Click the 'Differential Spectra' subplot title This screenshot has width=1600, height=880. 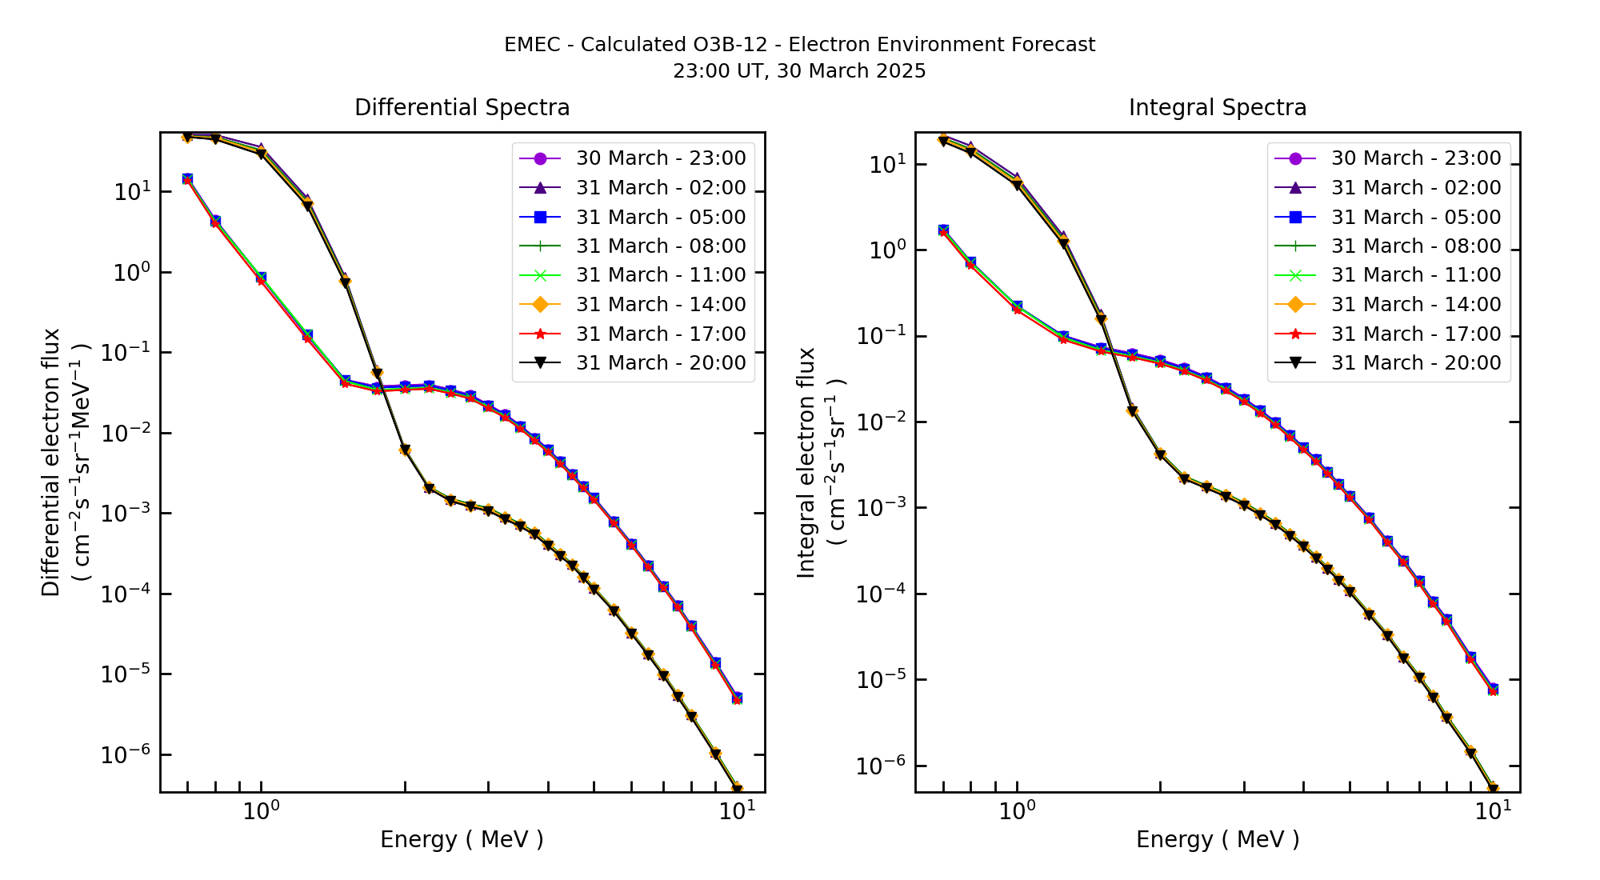coord(462,108)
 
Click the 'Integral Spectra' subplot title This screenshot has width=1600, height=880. coord(1217,108)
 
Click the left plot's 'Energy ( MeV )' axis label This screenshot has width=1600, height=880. coord(462,839)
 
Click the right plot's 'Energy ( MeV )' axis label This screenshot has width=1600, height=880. coord(1217,839)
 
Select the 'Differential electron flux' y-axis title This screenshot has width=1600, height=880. coord(51,462)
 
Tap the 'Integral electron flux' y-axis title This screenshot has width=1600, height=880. coord(806,462)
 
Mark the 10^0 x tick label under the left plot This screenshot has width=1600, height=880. coord(261,811)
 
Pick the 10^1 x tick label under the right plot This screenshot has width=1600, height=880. coord(1493,811)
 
